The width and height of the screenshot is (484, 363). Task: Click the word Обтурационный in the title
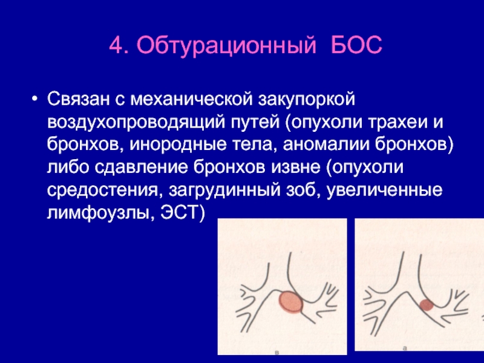(226, 46)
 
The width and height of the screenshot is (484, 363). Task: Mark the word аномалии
(326, 145)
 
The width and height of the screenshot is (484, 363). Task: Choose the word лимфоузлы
(101, 213)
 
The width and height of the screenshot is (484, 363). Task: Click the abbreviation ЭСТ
(180, 212)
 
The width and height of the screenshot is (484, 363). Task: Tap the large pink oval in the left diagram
(291, 302)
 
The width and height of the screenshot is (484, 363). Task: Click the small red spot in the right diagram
(427, 305)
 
